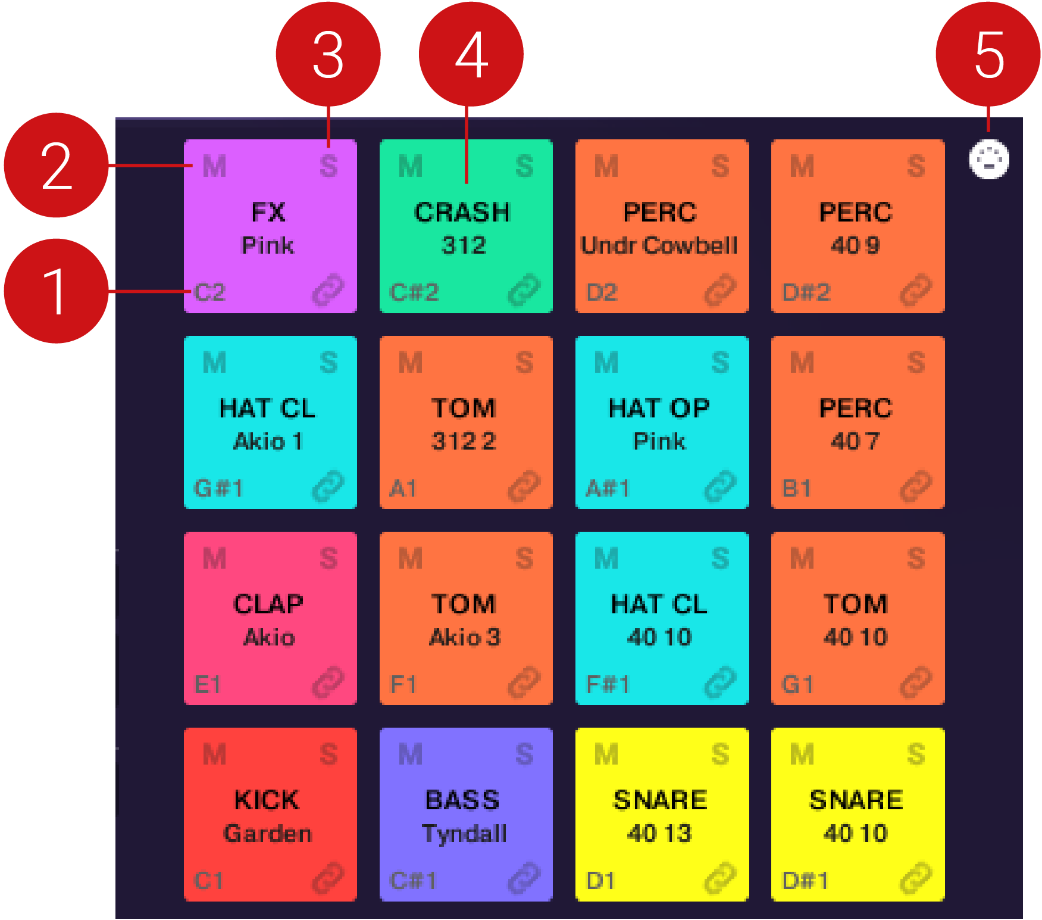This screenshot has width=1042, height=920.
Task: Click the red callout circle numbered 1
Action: pos(56,291)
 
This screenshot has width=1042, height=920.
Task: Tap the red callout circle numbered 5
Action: pos(988,54)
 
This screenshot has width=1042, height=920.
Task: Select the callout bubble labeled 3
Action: pos(328,54)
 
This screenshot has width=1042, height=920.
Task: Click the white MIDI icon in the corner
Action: pos(989,160)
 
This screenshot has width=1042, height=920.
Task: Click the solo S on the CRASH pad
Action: pos(524,166)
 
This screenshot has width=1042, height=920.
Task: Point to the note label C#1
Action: pos(413,880)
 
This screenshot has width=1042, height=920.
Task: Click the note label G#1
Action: pos(218,488)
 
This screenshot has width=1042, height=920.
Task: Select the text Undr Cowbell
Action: pos(659,245)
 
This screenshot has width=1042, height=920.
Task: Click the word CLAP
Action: pos(268,604)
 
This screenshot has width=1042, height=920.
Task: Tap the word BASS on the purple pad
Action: pos(462,800)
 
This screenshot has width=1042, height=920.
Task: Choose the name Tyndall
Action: pos(464,834)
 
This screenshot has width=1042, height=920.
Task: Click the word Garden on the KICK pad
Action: pos(268,834)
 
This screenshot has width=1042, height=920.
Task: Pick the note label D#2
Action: pos(806,292)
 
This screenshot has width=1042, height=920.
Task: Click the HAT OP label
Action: pos(659,408)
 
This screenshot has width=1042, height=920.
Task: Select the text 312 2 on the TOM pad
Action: pos(464,441)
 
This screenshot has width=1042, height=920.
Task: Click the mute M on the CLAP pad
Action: pos(214,559)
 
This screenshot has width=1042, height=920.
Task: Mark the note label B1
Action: pos(796,488)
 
